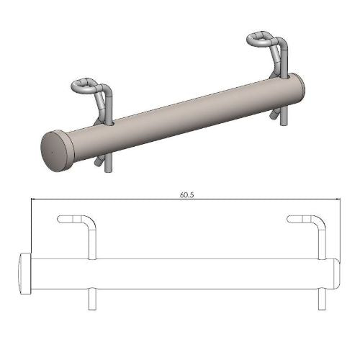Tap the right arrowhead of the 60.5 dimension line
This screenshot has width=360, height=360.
[x=336, y=199]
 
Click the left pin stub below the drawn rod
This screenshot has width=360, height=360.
[x=93, y=298]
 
